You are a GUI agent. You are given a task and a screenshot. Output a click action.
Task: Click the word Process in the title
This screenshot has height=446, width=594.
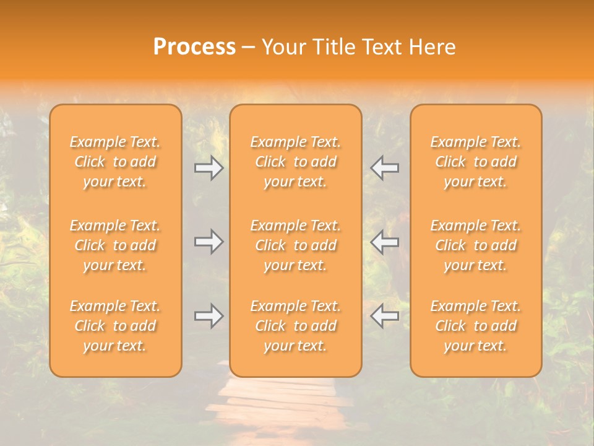point(194,47)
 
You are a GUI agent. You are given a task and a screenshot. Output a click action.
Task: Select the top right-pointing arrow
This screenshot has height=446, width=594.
point(209,167)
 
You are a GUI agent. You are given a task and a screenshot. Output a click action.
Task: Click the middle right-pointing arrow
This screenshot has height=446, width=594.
point(209,242)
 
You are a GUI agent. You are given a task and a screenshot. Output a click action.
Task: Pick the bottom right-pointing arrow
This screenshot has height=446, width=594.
point(209,316)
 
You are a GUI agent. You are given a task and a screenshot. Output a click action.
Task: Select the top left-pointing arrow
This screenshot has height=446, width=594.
point(385,167)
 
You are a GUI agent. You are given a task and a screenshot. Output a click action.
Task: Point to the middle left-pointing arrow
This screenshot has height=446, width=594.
point(385,242)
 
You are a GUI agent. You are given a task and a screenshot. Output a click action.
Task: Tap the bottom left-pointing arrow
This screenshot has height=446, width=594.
point(385,316)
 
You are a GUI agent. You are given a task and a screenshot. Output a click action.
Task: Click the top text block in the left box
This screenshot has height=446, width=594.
point(115,162)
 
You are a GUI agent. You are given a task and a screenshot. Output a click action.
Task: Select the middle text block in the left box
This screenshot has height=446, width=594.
point(115,245)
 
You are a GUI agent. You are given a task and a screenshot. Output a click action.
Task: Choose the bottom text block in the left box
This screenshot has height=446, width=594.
point(115,326)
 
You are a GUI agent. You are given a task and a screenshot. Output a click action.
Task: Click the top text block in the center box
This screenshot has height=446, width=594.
point(296,162)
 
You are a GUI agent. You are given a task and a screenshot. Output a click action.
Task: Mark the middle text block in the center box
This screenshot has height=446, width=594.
point(296,245)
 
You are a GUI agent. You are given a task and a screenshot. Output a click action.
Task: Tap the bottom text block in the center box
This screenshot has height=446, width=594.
point(296,326)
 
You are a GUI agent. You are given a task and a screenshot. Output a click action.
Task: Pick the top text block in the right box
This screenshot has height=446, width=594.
point(476,162)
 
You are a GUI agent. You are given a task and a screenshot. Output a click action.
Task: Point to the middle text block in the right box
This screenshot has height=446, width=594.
point(476,245)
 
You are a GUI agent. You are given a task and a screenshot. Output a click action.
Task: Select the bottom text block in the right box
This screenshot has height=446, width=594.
point(476,326)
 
